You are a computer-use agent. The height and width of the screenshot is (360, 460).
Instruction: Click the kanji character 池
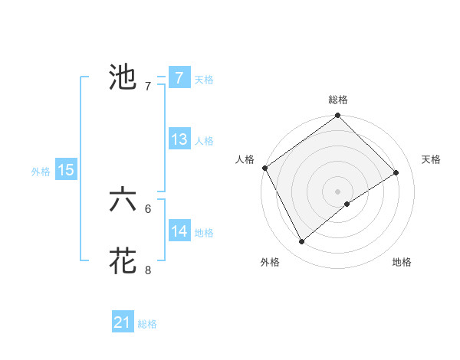coord(123,77)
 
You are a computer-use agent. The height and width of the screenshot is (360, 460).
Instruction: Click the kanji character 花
coord(123,261)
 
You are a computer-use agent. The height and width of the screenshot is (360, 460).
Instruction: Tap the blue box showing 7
coord(179,78)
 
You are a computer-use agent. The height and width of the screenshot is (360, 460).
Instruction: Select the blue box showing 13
coord(179,139)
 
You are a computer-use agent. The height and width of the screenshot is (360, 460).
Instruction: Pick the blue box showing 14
coord(179,231)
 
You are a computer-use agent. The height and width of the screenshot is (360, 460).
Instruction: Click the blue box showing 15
coord(66,170)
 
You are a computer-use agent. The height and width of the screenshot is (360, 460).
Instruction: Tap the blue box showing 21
coord(123,323)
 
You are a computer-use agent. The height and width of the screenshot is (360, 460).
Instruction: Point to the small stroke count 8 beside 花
coord(148,270)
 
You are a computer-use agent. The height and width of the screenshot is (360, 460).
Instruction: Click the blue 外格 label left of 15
coord(41,172)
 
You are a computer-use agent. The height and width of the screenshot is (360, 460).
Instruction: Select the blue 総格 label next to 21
coord(147,325)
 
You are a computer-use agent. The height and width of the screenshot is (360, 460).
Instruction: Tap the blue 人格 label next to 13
coord(203,141)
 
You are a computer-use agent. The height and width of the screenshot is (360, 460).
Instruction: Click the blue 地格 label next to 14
coord(203,233)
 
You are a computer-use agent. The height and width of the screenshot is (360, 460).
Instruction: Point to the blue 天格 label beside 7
coord(203,80)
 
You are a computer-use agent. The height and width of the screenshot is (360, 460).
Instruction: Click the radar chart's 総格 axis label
coord(338,100)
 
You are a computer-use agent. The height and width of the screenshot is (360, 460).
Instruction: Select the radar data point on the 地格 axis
coord(347,204)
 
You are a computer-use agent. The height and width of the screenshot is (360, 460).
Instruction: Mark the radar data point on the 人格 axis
coord(264,168)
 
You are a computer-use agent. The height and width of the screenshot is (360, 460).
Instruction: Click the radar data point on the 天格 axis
coord(396,172)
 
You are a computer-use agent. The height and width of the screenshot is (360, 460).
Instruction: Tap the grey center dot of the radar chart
coord(337,191)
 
